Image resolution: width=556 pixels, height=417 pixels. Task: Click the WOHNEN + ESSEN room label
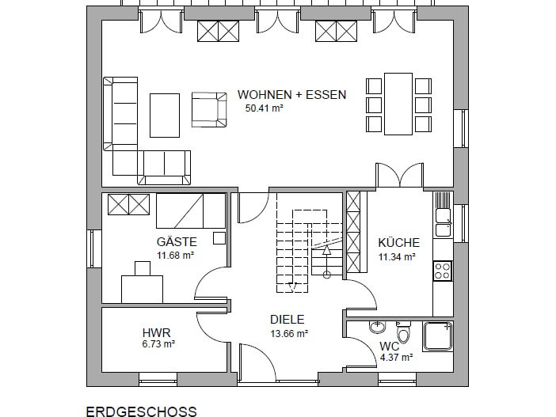click(291, 95)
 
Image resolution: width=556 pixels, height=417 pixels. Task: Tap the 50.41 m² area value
click(265, 108)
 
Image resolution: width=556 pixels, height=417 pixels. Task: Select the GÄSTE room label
click(177, 242)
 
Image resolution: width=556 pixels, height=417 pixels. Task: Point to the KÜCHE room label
click(398, 243)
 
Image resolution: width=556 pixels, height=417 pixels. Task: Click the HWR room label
click(156, 333)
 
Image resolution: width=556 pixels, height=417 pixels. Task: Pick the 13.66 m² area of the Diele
click(289, 333)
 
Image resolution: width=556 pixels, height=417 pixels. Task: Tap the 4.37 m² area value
click(396, 358)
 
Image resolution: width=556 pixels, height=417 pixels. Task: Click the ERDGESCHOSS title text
click(142, 411)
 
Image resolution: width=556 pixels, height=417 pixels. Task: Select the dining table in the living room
click(398, 104)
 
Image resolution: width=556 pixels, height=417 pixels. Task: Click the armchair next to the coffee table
click(209, 109)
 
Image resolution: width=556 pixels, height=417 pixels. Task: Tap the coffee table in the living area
click(165, 116)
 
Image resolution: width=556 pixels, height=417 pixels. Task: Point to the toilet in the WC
click(403, 332)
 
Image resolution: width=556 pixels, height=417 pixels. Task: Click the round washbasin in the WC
click(377, 326)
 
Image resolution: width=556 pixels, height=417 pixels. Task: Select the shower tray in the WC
click(437, 335)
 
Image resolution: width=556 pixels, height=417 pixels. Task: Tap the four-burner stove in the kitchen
click(443, 271)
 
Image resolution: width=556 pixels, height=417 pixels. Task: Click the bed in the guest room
click(191, 210)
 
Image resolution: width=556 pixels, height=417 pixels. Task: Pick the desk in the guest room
click(143, 289)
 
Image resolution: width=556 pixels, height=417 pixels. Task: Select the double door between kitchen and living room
click(400, 175)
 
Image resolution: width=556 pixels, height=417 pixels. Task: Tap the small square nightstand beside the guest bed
click(219, 238)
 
